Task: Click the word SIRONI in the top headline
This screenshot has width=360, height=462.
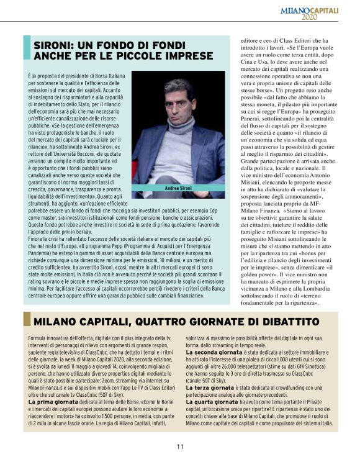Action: [54, 45]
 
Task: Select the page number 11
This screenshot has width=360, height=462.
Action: [179, 446]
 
